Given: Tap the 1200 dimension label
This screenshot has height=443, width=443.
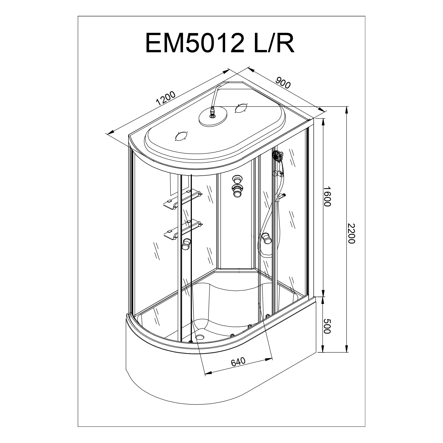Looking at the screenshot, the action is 166,98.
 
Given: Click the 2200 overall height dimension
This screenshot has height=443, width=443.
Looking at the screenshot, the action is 351,233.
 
